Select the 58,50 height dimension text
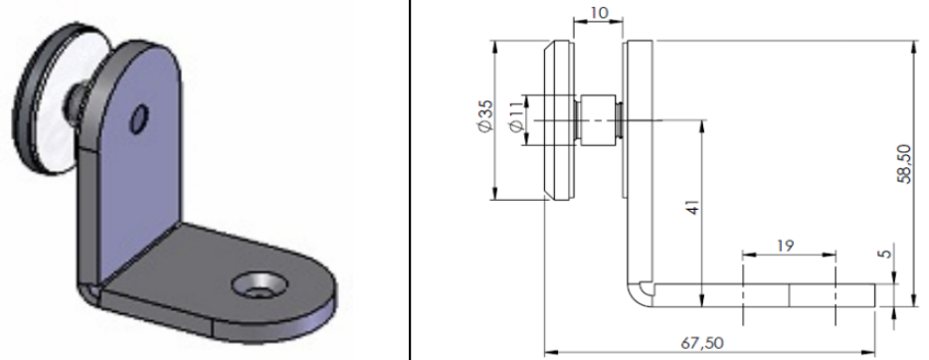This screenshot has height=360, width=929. click(x=905, y=164)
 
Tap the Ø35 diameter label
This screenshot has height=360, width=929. click(x=484, y=116)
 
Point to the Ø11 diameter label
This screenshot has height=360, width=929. click(x=515, y=116)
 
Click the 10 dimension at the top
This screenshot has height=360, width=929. click(x=599, y=13)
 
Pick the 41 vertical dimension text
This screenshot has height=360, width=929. click(x=693, y=206)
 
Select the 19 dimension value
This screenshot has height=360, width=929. click(x=786, y=245)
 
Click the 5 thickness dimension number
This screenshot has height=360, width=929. click(x=886, y=254)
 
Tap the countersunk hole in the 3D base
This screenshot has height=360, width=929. click(x=260, y=285)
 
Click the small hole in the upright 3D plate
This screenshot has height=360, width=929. click(x=139, y=119)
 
